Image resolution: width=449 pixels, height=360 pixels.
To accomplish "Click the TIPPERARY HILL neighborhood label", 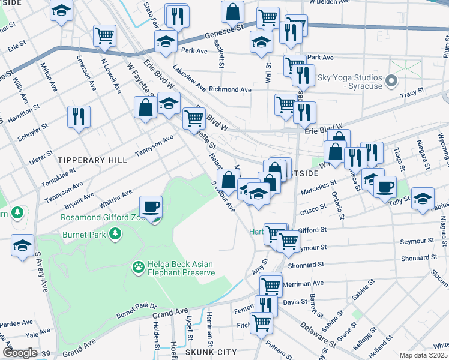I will pos(92,160).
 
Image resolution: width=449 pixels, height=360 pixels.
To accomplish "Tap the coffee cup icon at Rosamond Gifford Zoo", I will pos(151,207).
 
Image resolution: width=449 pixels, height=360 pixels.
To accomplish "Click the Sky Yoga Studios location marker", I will pos(393,80).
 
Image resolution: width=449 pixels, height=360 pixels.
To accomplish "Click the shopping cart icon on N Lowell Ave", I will pos(105,35).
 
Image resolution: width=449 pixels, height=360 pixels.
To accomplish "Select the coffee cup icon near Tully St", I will pos(385,186).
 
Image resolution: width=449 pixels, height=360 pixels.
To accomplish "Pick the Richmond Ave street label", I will pos(230,89).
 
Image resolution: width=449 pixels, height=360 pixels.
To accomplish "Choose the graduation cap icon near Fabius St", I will pos(423,198).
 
